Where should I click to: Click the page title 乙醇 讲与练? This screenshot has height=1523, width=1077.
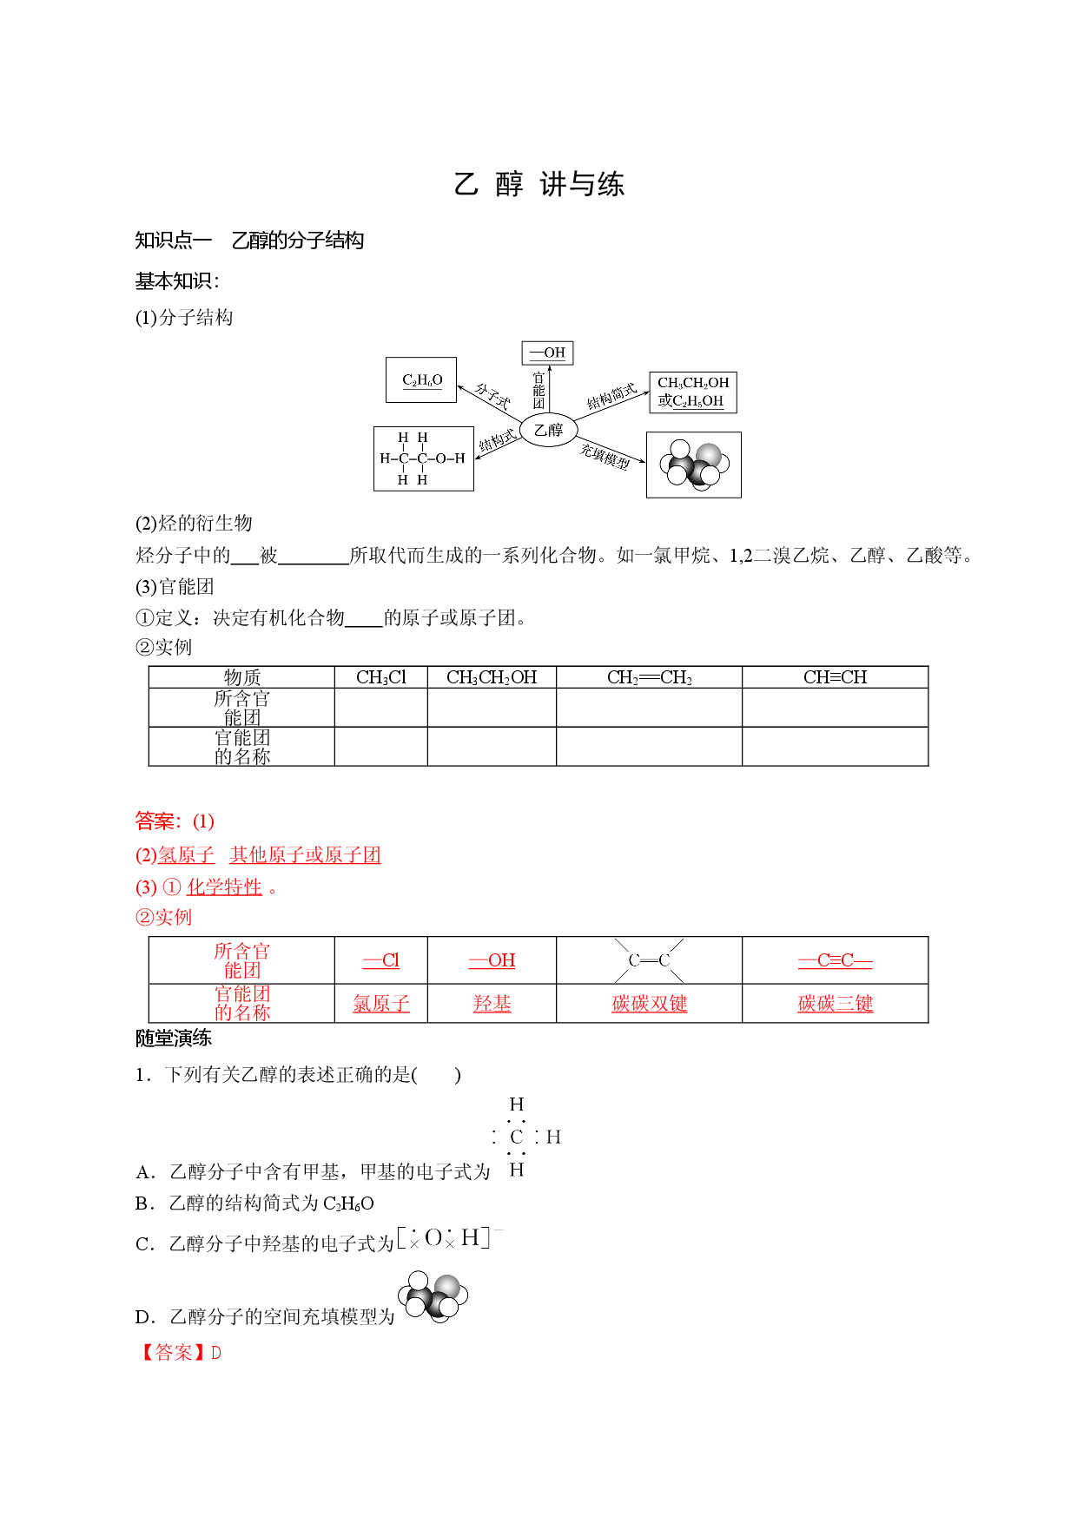coord(538,184)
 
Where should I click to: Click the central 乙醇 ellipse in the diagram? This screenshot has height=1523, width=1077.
coord(548,430)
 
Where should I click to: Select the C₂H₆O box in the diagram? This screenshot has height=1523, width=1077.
coord(421,379)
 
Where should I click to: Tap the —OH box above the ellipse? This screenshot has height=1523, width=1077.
coord(548,353)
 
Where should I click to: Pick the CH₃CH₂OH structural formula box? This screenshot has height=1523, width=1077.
coord(693,392)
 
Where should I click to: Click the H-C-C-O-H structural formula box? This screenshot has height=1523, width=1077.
coord(423,458)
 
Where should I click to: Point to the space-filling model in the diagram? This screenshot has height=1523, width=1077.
coord(694,465)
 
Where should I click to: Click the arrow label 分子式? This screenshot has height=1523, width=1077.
coord(492,397)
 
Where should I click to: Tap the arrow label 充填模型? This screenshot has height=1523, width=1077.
coord(605,456)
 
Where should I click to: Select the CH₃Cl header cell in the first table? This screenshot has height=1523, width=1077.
coord(381,677)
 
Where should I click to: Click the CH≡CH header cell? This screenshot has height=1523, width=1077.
coord(836,677)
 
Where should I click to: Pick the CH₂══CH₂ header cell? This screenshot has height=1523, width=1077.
coord(650,677)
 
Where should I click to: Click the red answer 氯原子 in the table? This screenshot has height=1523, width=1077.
coord(381,1004)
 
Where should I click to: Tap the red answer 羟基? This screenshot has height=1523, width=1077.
coord(492,1004)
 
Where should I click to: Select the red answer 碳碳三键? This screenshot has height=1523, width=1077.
coord(836,1004)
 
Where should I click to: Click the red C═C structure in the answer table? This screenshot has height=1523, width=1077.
coord(650,960)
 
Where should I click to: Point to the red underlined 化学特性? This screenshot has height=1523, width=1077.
coord(224,887)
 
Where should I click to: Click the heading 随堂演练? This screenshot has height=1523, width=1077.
coord(174,1038)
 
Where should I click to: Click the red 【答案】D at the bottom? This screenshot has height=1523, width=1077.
coord(179,1353)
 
